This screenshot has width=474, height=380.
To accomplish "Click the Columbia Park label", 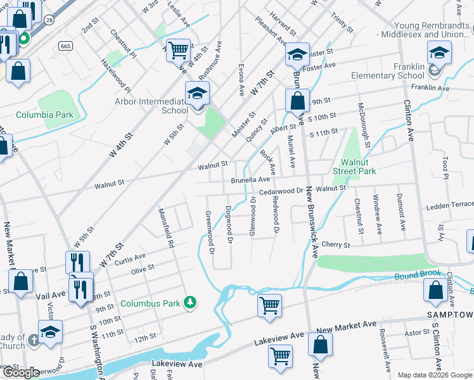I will point(44,115).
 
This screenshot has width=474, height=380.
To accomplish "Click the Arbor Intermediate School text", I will point(151,106).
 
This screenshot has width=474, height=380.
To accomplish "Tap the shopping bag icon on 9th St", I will point(297,100).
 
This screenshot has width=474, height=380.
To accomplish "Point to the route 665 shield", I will point(65,46).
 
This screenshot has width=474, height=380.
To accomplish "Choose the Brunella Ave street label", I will point(250,180).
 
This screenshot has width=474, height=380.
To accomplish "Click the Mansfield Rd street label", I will point(165,227).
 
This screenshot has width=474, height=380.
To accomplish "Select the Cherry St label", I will point(336,244).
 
